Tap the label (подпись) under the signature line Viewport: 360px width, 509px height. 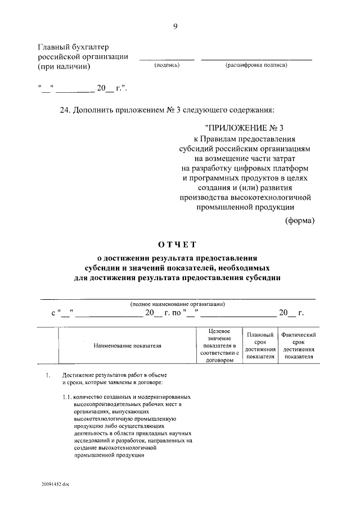tap(166, 66)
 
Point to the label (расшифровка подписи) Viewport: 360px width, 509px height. tap(256, 66)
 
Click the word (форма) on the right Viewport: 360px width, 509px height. tap(300, 220)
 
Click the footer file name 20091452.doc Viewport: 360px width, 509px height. tap(55, 484)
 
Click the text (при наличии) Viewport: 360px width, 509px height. tap(64, 66)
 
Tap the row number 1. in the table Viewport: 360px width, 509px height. tap(48, 375)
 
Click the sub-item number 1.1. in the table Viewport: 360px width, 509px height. tap(67, 397)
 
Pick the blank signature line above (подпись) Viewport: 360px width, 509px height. tap(166, 59)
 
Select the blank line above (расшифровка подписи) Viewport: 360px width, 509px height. tap(256, 59)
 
